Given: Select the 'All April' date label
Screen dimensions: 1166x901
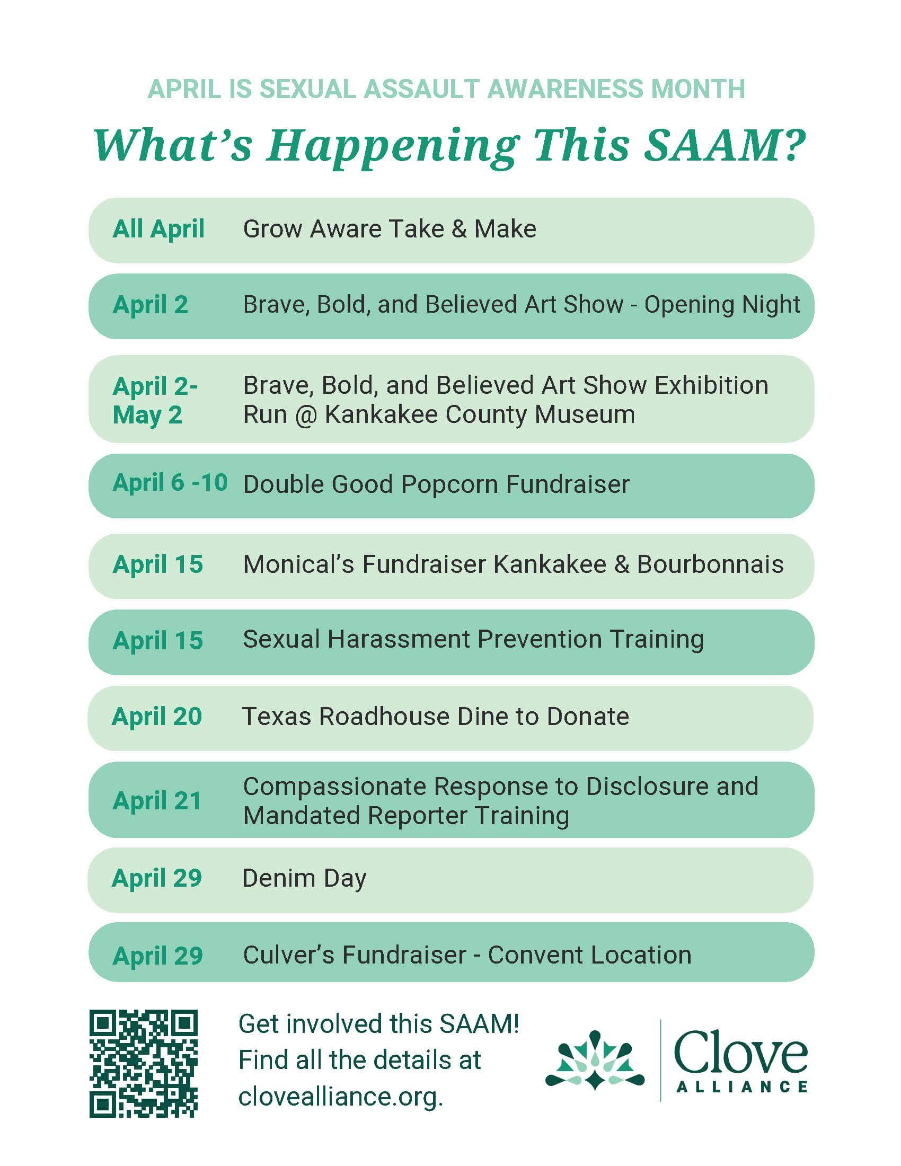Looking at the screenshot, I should [158, 229].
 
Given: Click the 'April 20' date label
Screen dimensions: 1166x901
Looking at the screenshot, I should [157, 717].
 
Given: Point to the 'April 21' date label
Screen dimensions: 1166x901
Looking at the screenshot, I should [157, 801].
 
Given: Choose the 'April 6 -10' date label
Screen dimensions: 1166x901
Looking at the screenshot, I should [170, 483].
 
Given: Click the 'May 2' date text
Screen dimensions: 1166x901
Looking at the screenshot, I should [147, 415].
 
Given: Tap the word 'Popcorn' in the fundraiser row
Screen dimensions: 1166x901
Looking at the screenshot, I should [449, 484].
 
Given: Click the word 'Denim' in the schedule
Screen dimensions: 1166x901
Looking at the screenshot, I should [278, 878].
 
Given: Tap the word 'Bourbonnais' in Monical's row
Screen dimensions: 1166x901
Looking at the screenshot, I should [710, 564].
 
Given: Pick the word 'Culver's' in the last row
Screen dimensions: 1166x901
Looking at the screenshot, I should [288, 955].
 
